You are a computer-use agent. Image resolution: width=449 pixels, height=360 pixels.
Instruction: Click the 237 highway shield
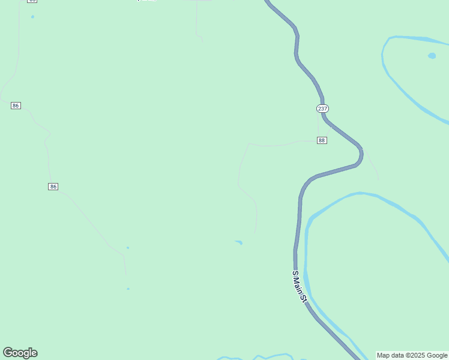(322, 109)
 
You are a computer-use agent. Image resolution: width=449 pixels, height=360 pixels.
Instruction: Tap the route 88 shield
(322, 140)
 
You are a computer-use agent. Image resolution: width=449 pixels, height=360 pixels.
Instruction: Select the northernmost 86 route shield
(16, 106)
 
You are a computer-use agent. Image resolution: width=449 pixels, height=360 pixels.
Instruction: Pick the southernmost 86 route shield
(53, 187)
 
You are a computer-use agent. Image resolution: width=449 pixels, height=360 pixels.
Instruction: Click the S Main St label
(300, 286)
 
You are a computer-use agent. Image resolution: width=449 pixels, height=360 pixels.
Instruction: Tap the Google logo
(20, 353)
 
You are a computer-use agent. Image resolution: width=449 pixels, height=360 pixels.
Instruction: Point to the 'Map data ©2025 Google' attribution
(412, 355)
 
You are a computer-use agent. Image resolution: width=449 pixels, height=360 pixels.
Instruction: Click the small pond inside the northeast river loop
(432, 56)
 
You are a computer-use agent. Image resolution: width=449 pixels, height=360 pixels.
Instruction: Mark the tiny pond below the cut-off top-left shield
(32, 17)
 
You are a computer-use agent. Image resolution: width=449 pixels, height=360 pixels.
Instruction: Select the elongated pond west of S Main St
(239, 242)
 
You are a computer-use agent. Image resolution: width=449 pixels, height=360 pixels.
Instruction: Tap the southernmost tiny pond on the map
(128, 289)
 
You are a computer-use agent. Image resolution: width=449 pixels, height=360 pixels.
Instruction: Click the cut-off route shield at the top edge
(32, 1)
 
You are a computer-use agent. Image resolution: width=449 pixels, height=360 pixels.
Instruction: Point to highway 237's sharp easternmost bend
(361, 155)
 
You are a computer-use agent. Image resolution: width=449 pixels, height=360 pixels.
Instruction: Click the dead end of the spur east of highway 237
(378, 179)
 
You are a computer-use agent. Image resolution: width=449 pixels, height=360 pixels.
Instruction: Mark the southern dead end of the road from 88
(255, 233)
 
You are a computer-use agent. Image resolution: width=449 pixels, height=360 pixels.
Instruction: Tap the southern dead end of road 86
(126, 276)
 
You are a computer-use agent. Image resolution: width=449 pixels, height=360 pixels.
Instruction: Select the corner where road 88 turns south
(249, 143)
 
